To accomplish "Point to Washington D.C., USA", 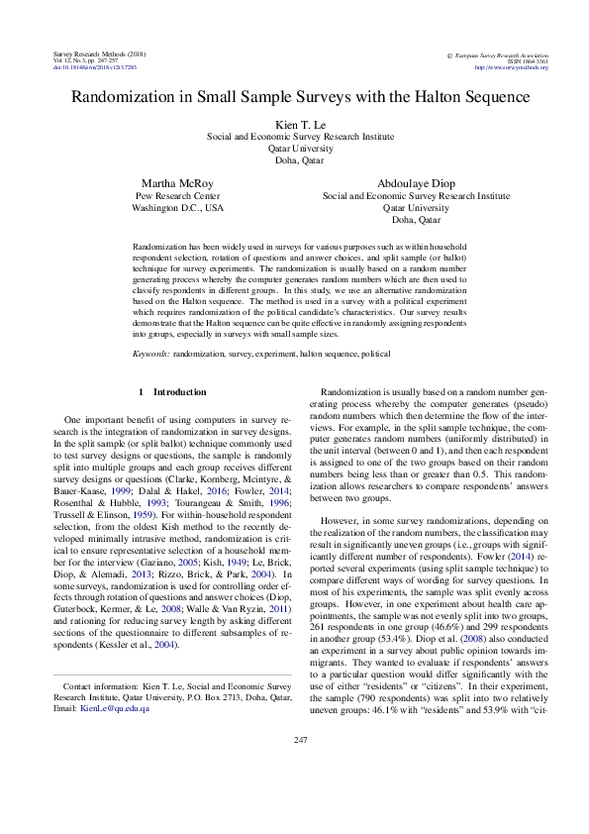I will (x=177, y=209).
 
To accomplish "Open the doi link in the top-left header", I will (x=93, y=67).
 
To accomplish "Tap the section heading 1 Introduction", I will (x=173, y=392).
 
